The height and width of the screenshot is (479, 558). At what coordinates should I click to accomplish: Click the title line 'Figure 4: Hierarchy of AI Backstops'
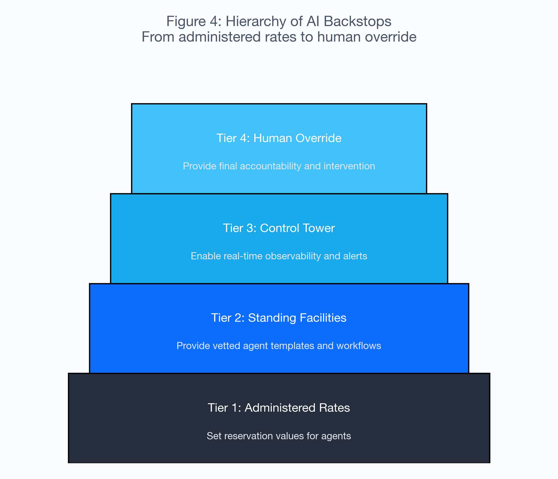(279, 21)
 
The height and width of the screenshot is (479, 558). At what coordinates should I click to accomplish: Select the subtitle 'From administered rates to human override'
(279, 37)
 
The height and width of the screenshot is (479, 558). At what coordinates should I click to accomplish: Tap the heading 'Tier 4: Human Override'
(279, 138)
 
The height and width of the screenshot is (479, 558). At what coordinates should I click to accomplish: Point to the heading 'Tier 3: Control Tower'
(279, 228)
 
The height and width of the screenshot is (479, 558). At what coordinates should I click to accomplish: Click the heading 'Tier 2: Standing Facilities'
(279, 318)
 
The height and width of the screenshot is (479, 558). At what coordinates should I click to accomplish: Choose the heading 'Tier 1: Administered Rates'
(279, 408)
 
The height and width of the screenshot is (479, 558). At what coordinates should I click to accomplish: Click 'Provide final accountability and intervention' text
(279, 166)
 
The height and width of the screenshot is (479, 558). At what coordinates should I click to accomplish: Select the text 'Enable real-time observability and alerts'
(279, 256)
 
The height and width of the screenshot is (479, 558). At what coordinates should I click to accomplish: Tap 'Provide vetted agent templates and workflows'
(279, 346)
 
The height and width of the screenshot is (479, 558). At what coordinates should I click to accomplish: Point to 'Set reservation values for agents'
(279, 436)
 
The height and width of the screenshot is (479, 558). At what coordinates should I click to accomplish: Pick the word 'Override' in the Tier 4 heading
(319, 138)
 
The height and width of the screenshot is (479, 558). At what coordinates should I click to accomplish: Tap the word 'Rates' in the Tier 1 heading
(334, 408)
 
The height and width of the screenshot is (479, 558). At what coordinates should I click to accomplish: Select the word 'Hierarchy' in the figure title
(255, 21)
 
